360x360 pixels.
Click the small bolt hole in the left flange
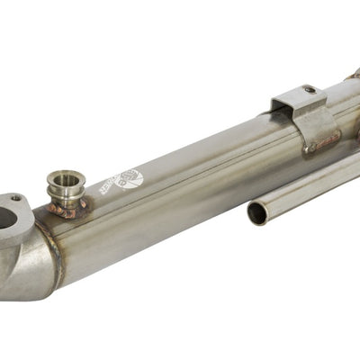click(x=14, y=199)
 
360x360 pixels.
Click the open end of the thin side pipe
click(x=258, y=213)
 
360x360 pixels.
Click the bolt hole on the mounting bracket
click(x=309, y=90)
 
